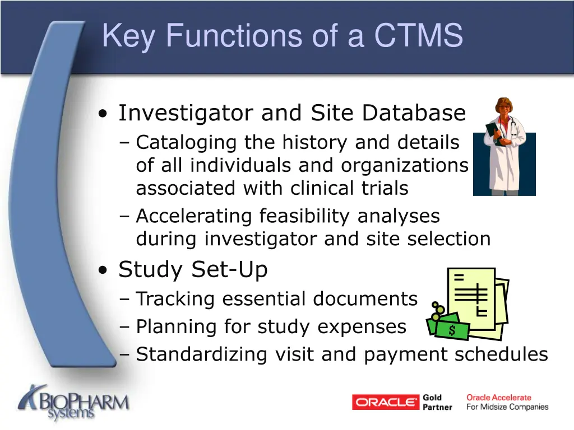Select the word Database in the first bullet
click(414, 113)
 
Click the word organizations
click(404, 166)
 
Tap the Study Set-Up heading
click(193, 270)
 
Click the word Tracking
click(175, 299)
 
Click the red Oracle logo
click(386, 402)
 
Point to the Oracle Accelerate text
click(498, 398)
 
